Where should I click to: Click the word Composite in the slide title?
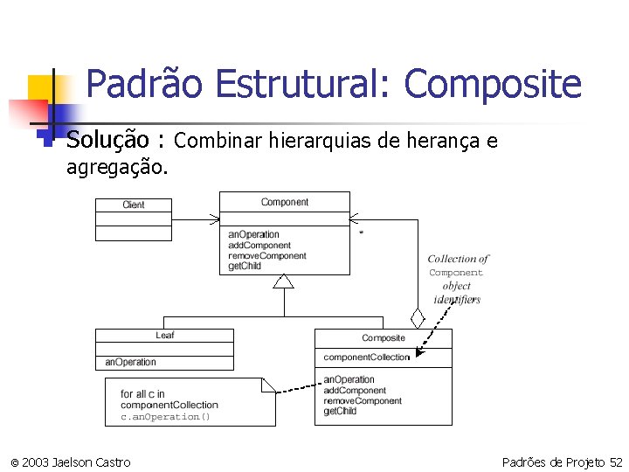click(493, 85)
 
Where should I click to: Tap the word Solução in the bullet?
click(107, 139)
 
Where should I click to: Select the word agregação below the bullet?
click(117, 166)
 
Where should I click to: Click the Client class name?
click(134, 205)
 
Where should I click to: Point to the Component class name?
click(285, 202)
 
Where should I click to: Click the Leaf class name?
click(165, 335)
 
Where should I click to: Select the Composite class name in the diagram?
click(384, 337)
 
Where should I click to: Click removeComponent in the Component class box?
click(267, 256)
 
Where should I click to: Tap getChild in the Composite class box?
click(341, 412)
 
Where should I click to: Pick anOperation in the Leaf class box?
click(130, 362)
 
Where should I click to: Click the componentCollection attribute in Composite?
click(366, 357)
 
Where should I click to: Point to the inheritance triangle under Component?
click(284, 281)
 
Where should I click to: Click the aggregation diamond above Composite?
click(418, 316)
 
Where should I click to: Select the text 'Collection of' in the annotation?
click(458, 259)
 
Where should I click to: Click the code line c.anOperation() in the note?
click(165, 417)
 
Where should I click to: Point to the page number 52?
click(617, 462)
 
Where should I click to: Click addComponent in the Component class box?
click(259, 246)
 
